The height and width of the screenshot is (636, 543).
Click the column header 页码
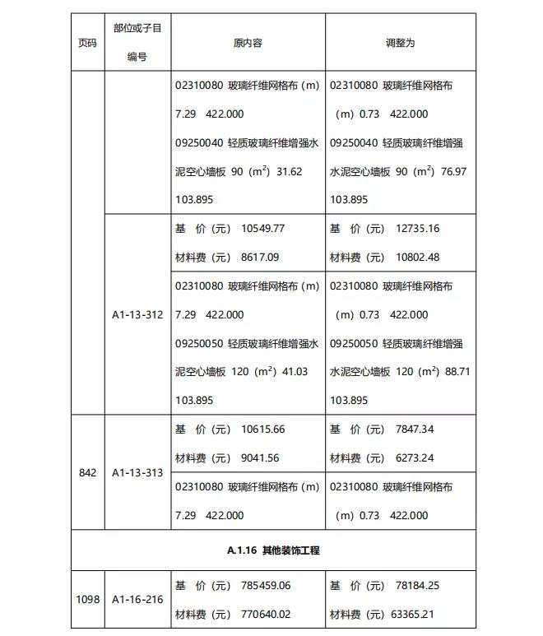point(87,43)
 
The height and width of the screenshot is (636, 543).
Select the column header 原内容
point(248,43)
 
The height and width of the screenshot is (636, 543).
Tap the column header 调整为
point(401,43)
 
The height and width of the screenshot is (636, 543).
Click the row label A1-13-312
point(137,314)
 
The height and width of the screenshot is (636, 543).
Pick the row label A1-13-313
point(137,472)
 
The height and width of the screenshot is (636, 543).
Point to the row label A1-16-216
point(137,599)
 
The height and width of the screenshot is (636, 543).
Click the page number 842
point(87,472)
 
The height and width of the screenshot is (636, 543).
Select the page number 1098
point(87,599)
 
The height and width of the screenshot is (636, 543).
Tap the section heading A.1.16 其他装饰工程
point(272,550)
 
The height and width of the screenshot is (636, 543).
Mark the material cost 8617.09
point(260,257)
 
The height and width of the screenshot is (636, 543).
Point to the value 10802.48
point(417,257)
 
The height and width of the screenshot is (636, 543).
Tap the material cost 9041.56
point(260,457)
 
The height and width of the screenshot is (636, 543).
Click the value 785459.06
point(266,585)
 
